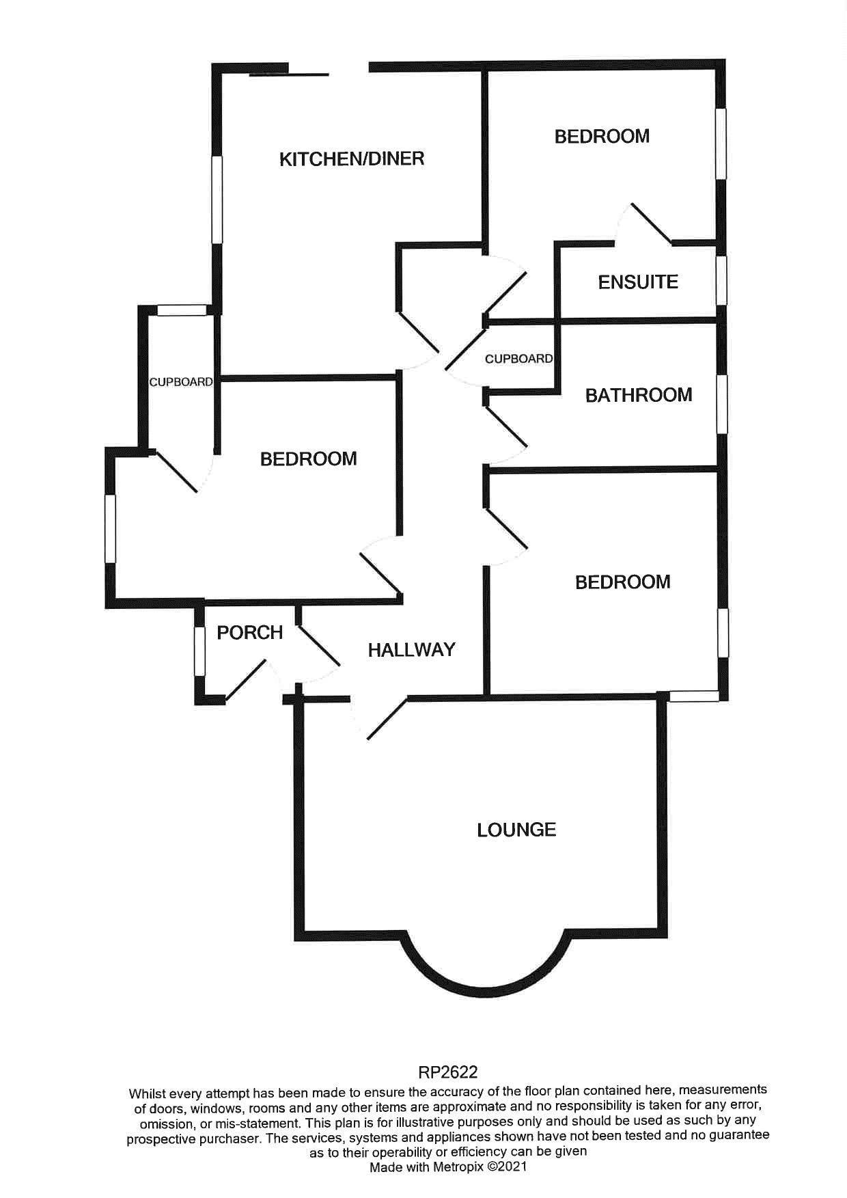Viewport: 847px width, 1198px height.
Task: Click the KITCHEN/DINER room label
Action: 352,159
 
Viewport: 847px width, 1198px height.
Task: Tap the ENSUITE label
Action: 638,282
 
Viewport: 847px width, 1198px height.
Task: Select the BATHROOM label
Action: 639,395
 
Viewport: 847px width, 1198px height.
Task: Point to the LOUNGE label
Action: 516,830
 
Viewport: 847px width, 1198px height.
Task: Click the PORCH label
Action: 250,633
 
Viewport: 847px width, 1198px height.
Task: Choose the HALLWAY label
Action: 411,650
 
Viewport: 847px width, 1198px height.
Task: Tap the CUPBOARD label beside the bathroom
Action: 518,359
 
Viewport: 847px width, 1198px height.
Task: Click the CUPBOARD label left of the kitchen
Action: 181,382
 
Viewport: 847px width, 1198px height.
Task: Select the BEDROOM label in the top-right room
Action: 602,137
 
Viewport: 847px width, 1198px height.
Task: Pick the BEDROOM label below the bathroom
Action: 622,582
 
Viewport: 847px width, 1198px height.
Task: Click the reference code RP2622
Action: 447,1072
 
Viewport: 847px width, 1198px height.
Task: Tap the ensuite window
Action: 721,280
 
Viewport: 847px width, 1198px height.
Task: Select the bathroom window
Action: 722,403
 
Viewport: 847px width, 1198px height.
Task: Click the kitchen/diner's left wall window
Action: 217,199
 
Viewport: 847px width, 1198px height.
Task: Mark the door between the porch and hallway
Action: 318,645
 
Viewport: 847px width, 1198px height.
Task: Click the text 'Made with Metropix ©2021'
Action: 447,1167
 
